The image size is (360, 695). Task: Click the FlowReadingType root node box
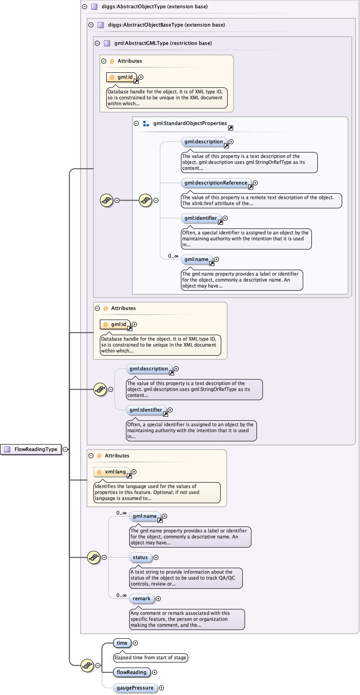click(32, 449)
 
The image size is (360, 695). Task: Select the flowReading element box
click(131, 672)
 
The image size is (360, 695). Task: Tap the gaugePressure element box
click(135, 688)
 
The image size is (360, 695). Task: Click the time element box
click(122, 643)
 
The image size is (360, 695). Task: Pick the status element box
click(141, 557)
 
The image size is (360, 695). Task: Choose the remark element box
click(142, 598)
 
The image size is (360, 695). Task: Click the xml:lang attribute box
click(113, 472)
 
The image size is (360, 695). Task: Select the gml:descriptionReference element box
click(216, 183)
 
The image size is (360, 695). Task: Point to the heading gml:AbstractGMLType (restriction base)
click(163, 43)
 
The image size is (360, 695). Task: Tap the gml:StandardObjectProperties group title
click(190, 123)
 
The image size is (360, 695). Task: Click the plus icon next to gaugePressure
click(161, 688)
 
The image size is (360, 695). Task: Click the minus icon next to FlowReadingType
click(65, 449)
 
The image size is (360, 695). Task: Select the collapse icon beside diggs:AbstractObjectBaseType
click(91, 25)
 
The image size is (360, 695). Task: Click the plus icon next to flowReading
click(154, 672)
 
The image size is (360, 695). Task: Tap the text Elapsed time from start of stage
click(151, 657)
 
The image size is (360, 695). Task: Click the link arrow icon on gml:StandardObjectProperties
click(230, 128)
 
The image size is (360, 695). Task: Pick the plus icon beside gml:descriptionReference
click(256, 183)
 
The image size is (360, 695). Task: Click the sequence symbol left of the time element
click(87, 665)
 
